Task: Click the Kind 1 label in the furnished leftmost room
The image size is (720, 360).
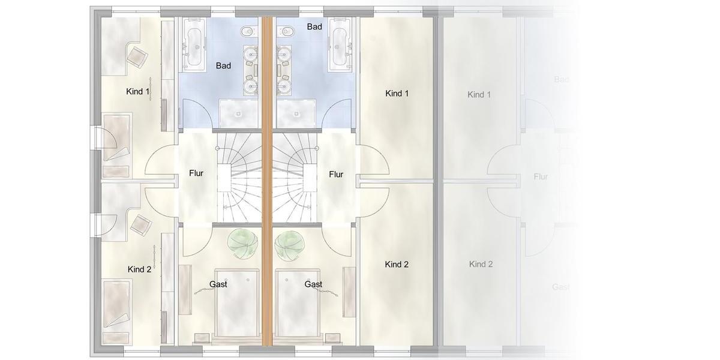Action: point(138,92)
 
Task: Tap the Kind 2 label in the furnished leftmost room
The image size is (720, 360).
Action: point(140,269)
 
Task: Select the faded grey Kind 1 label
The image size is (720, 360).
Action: point(479,95)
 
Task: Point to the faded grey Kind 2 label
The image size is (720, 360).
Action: point(481,264)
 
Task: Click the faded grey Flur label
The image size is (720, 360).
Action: point(541,176)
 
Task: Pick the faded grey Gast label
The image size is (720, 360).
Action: point(560,287)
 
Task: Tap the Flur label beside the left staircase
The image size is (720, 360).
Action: point(196,173)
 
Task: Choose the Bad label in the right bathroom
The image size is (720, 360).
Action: point(314,26)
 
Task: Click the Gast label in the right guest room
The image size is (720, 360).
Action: point(313,284)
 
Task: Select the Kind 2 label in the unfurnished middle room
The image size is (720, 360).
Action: point(397,264)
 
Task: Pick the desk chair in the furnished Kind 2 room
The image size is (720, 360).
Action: point(141,225)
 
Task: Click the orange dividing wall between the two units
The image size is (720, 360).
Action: point(267,180)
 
